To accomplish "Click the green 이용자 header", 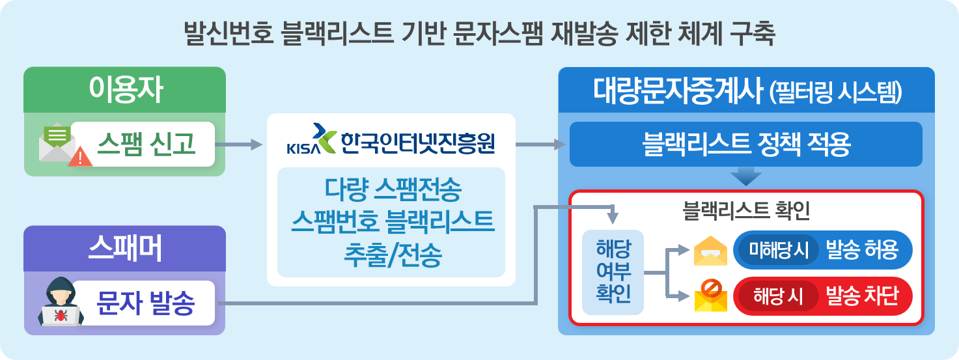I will (125, 90).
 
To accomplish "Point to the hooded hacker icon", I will (61, 305).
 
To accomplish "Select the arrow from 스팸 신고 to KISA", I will (237, 145).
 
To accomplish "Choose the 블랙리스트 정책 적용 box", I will (746, 145).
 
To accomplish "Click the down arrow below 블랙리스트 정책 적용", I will (746, 176).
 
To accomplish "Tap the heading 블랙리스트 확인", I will (746, 210).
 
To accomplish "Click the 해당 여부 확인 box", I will (613, 272).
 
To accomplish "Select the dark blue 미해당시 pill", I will (778, 250).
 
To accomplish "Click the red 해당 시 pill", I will (777, 297).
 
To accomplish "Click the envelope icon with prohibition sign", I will (710, 296).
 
